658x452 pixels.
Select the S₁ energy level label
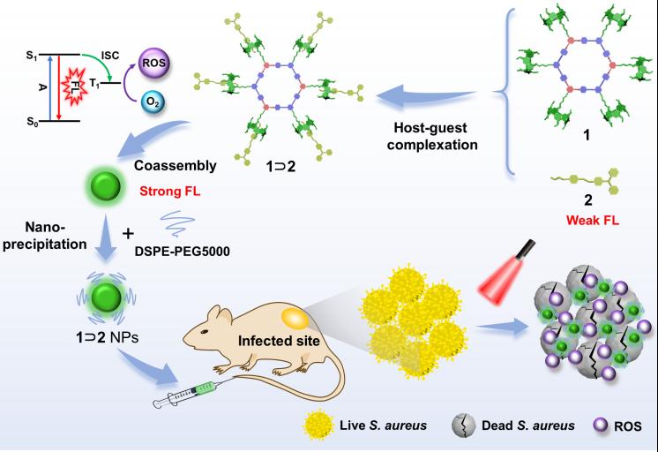(34, 57)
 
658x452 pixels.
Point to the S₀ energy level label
(34, 119)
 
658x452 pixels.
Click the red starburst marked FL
(74, 88)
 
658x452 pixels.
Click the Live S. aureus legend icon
(320, 426)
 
